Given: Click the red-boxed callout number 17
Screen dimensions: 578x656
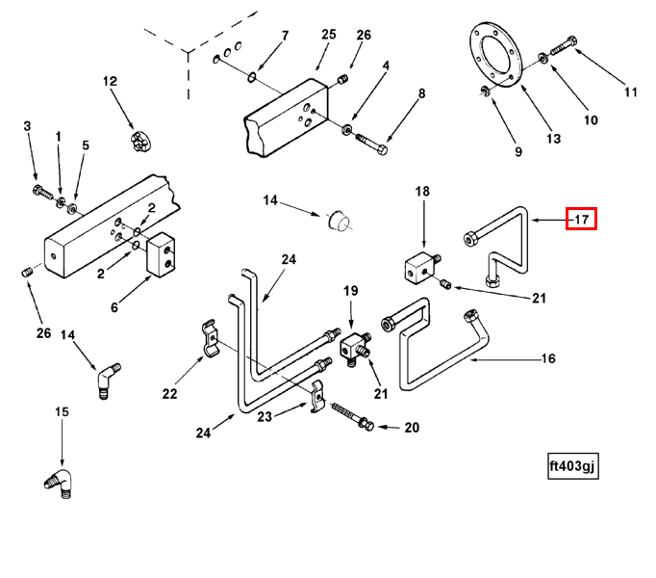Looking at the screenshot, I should [581, 220].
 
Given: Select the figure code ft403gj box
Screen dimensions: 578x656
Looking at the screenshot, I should [572, 466].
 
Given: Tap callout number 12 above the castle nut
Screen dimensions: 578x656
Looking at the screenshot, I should [109, 82].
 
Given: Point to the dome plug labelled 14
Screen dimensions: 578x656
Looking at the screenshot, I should [338, 221].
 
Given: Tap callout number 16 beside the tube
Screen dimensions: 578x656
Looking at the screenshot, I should [548, 359].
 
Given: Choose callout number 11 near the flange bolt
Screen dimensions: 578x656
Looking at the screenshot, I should [631, 93].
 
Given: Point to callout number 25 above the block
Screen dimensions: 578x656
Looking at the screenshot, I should [329, 35].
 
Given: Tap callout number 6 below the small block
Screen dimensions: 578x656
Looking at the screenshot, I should [114, 307].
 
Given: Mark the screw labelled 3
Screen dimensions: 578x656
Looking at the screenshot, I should [40, 189].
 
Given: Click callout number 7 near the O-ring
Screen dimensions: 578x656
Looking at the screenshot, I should [285, 37].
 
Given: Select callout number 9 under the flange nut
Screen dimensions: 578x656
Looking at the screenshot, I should [517, 151].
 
